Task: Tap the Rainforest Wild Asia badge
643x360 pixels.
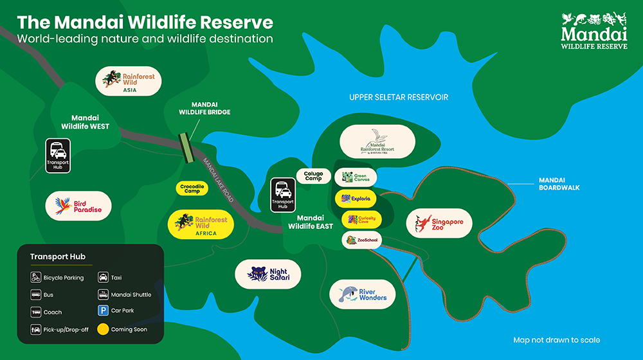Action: click(129, 82)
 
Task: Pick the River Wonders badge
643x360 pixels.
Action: click(363, 294)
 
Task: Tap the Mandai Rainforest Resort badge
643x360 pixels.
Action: click(377, 141)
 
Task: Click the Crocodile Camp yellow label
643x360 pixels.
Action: click(190, 188)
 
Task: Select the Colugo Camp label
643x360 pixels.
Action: click(313, 175)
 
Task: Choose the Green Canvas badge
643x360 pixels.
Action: click(356, 177)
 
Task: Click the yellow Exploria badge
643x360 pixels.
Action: click(356, 199)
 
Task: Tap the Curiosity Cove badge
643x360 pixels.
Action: click(361, 220)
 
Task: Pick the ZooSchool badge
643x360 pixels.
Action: click(361, 240)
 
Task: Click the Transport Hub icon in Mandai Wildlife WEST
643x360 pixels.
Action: click(58, 156)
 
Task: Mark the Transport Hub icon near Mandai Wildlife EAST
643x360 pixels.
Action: click(283, 194)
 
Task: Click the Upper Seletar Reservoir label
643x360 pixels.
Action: click(399, 98)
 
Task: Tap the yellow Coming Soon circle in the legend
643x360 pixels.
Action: click(102, 329)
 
